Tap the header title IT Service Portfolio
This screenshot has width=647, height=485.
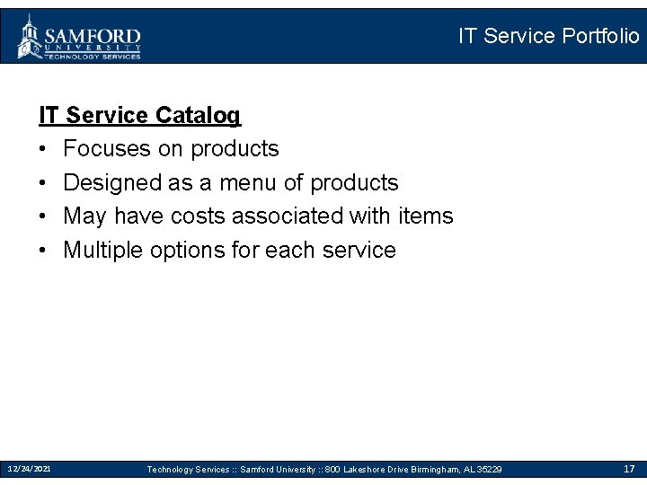click(548, 36)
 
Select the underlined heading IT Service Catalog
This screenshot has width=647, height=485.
click(139, 115)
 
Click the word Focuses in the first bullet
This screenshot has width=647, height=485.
click(102, 148)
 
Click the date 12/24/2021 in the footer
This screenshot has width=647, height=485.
click(29, 469)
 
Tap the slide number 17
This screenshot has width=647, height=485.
click(629, 469)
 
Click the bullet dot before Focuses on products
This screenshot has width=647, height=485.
click(44, 149)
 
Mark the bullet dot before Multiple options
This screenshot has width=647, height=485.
click(44, 251)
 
